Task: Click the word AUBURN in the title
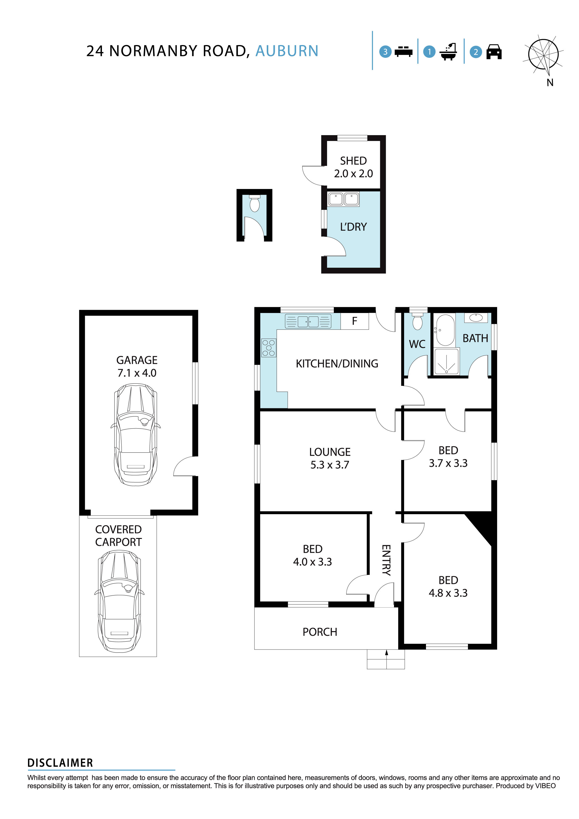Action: pyautogui.click(x=287, y=51)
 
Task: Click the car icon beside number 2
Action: pyautogui.click(x=494, y=52)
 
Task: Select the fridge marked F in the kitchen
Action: pyautogui.click(x=354, y=321)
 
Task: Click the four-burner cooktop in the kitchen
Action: pyautogui.click(x=269, y=348)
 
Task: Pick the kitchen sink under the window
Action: pyautogui.click(x=308, y=321)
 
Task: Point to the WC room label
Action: pyautogui.click(x=417, y=344)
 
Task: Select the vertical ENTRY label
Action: pyautogui.click(x=386, y=560)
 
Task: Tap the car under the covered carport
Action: pyautogui.click(x=119, y=601)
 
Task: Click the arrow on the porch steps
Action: pyautogui.click(x=386, y=653)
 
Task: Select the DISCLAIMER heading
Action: pyautogui.click(x=60, y=763)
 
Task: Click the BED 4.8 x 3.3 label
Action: pyautogui.click(x=448, y=587)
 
